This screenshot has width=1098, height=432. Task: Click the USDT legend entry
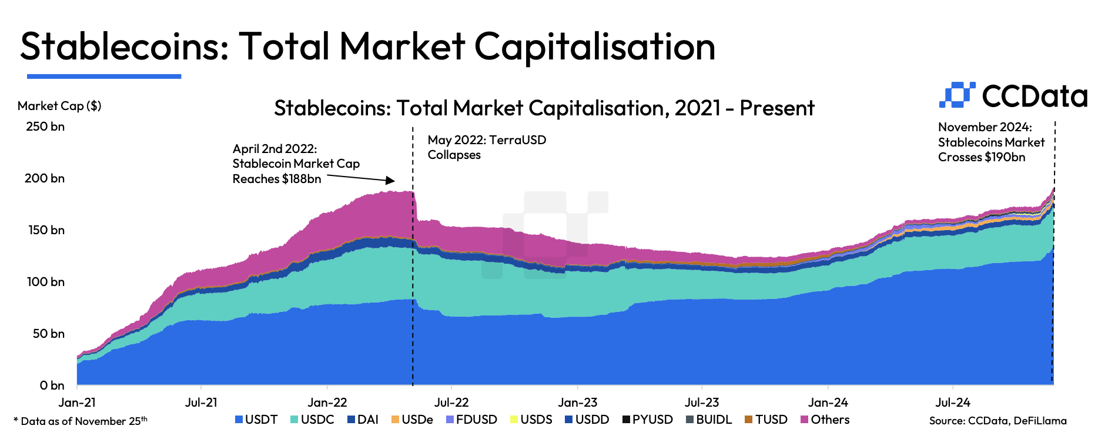coord(256,420)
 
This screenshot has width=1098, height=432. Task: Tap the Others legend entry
coord(825,420)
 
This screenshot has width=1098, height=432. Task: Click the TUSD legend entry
coord(766,420)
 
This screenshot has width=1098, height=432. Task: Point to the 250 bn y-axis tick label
coord(45,127)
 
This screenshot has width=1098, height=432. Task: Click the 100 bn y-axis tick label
coord(45,282)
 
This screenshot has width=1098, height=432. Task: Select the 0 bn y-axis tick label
coord(52,386)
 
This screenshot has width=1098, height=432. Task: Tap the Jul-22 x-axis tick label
coord(451,403)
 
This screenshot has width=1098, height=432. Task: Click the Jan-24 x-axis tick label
coord(828,403)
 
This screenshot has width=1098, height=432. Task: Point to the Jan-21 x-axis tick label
coord(77,403)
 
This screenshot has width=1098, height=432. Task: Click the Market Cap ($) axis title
coord(59,106)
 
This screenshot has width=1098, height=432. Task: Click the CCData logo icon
coord(956,95)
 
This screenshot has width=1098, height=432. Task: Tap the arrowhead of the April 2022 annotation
coord(390,181)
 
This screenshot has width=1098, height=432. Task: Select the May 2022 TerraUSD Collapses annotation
coord(487,147)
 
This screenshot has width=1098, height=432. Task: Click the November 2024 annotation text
coord(991,142)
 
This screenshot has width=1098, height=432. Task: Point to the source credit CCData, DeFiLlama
coord(997,420)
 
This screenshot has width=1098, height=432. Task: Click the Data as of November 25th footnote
coord(81,421)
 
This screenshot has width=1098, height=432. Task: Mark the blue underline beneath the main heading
coord(104,76)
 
